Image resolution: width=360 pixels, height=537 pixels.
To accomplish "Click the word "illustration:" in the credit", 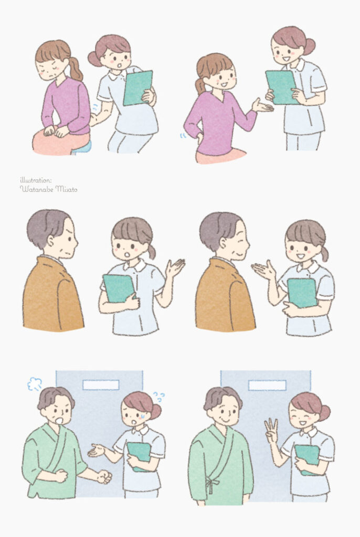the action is coord(36,180).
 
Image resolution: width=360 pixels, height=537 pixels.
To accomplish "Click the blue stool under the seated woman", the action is coord(82,147).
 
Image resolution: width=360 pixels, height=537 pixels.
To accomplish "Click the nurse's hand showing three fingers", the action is coord(271,430).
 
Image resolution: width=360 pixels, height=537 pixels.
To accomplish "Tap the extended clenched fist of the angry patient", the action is coord(104,476).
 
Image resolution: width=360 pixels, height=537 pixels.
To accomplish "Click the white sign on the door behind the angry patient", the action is coord(101,385).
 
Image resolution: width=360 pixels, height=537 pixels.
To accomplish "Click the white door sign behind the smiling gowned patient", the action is coord(267,385).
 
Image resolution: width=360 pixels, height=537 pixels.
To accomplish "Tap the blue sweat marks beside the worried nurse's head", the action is coord(159,397).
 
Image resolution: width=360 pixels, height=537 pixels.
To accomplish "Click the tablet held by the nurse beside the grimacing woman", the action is coord(138,88).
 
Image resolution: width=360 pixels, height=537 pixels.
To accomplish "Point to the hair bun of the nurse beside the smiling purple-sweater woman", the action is coord(310,47).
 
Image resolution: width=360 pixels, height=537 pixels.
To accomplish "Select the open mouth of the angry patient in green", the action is coord(59,420).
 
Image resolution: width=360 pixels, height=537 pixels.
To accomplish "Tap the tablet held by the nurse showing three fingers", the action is coord(308,459).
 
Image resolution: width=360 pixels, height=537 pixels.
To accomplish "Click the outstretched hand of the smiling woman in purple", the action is coord(263,106).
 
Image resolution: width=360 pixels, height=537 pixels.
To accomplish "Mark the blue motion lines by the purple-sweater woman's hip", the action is coord(184,136).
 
